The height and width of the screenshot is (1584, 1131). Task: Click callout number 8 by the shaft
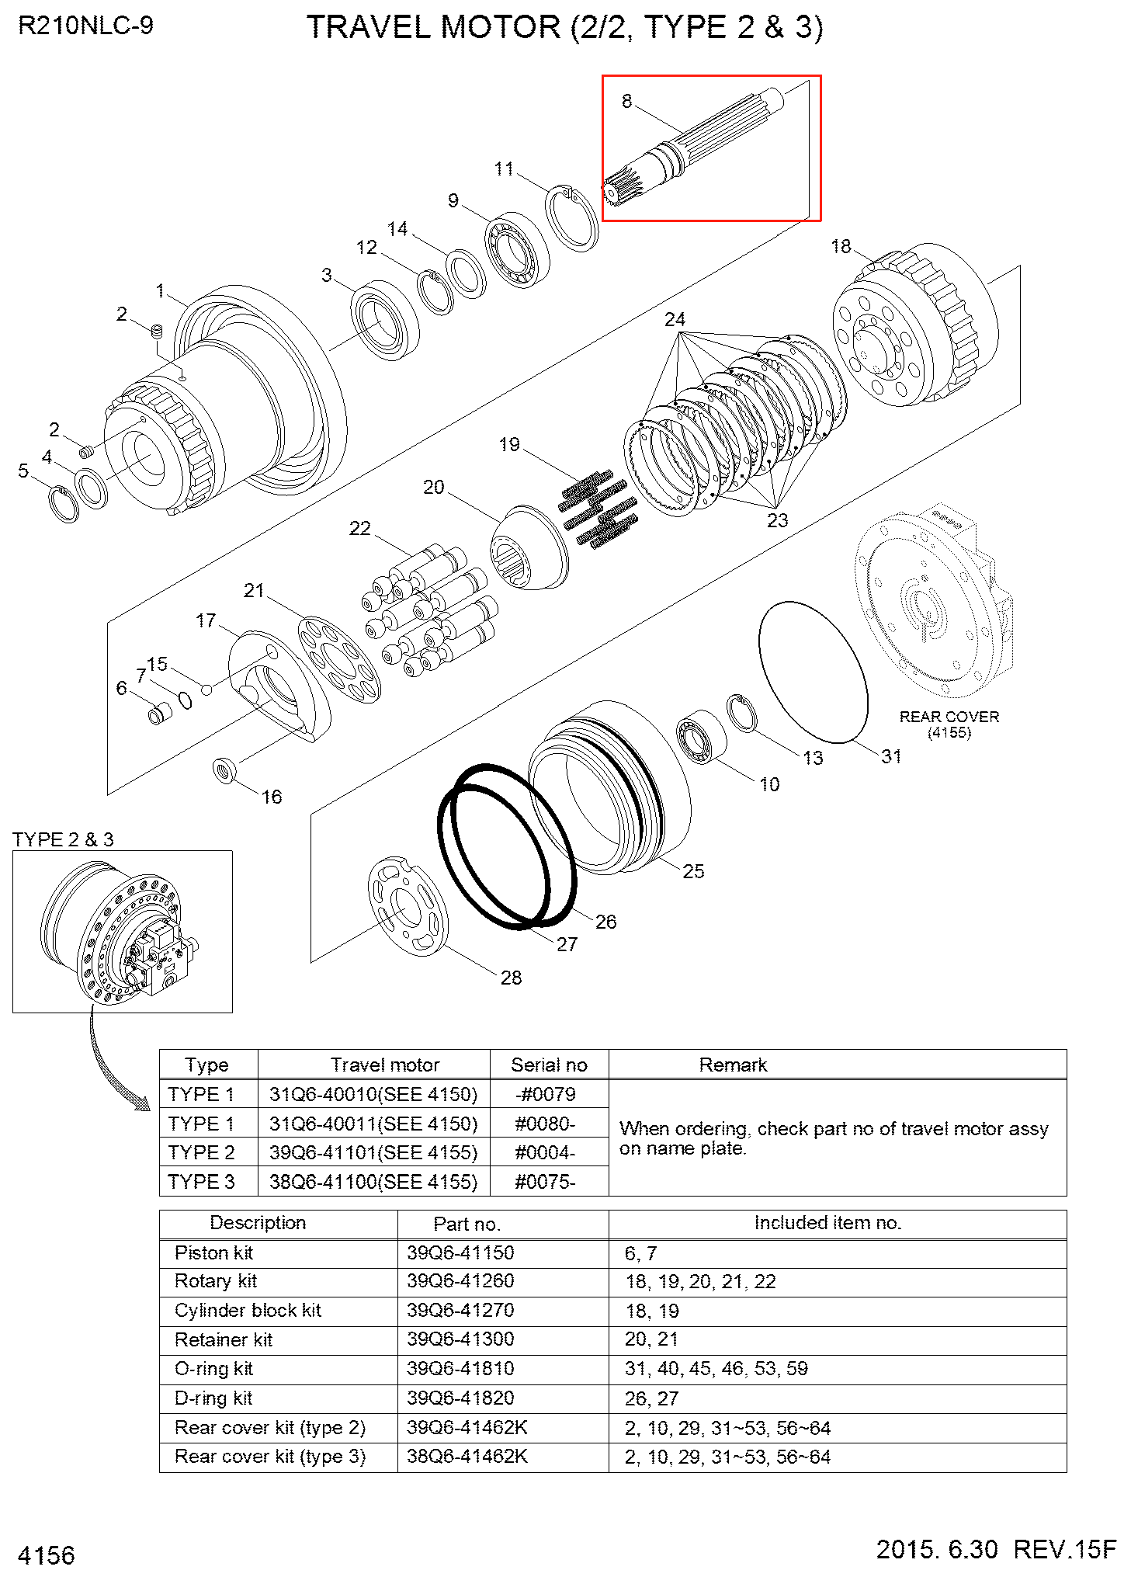click(626, 101)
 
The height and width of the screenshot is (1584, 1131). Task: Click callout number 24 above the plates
click(675, 319)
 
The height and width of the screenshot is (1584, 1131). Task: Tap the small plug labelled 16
click(225, 770)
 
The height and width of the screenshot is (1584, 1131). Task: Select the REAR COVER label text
click(949, 717)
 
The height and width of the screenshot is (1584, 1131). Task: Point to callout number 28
click(511, 978)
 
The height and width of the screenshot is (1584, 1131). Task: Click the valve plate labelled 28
click(407, 906)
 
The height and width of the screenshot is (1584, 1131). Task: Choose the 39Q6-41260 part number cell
click(460, 1281)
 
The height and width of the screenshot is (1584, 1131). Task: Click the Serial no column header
click(549, 1065)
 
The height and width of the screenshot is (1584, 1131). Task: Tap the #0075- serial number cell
click(545, 1182)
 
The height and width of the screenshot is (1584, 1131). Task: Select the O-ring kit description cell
click(214, 1369)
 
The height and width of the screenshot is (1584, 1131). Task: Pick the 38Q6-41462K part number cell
click(467, 1457)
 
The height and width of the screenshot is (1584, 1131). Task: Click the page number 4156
click(47, 1555)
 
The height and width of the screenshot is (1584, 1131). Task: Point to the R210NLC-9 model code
click(85, 26)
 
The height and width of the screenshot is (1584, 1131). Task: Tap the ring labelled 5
click(64, 503)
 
